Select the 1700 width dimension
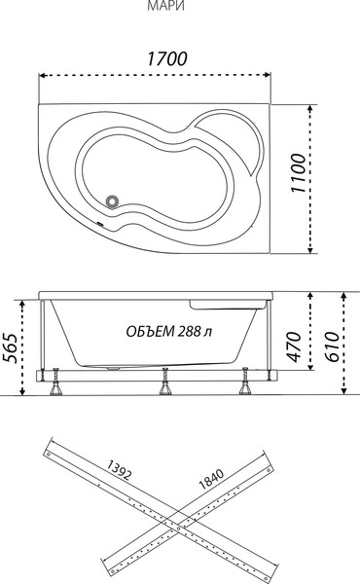(x=166, y=59)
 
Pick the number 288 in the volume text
(x=191, y=331)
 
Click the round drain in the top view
(x=114, y=201)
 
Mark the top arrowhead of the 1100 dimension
(x=309, y=99)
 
